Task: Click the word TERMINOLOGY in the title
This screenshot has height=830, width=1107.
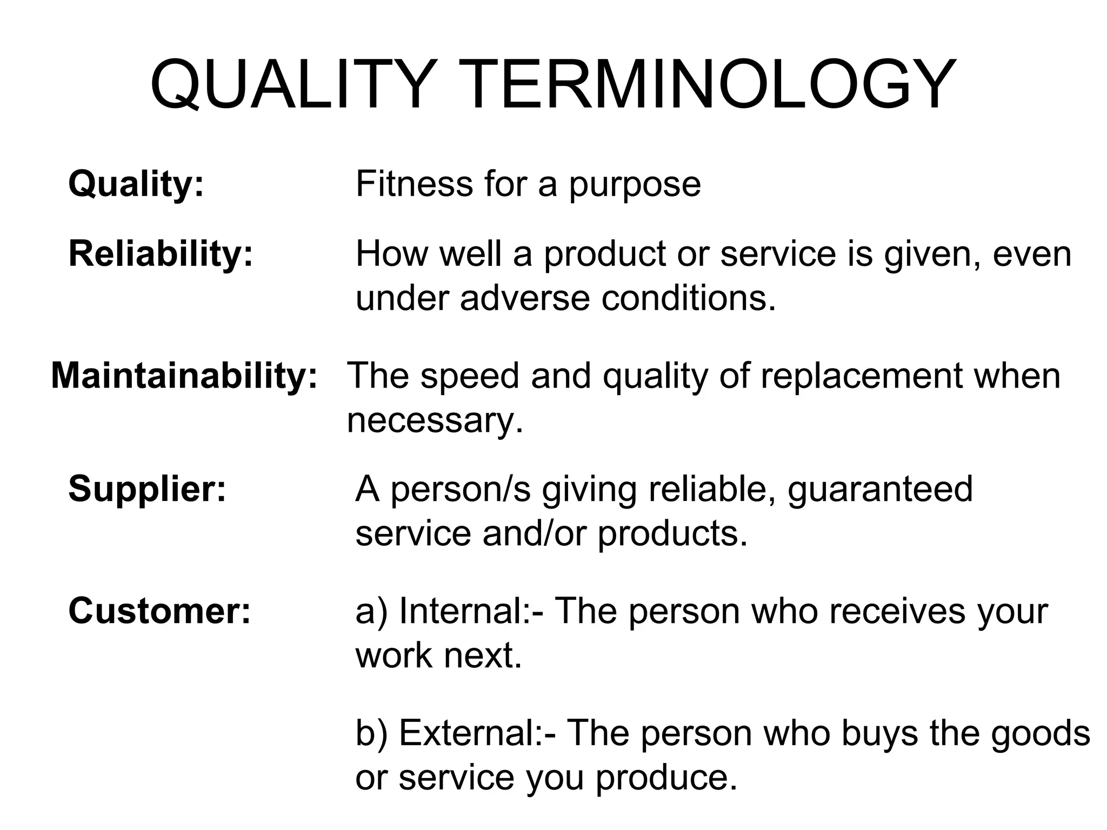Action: [710, 84]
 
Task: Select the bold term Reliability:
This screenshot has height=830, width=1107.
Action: [161, 253]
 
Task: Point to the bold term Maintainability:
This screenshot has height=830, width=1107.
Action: [184, 376]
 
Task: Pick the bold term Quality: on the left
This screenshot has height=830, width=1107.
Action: [136, 184]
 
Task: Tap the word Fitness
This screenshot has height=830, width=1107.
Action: [414, 184]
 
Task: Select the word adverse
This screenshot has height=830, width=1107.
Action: [524, 298]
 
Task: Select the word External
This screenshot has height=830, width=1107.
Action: [468, 733]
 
